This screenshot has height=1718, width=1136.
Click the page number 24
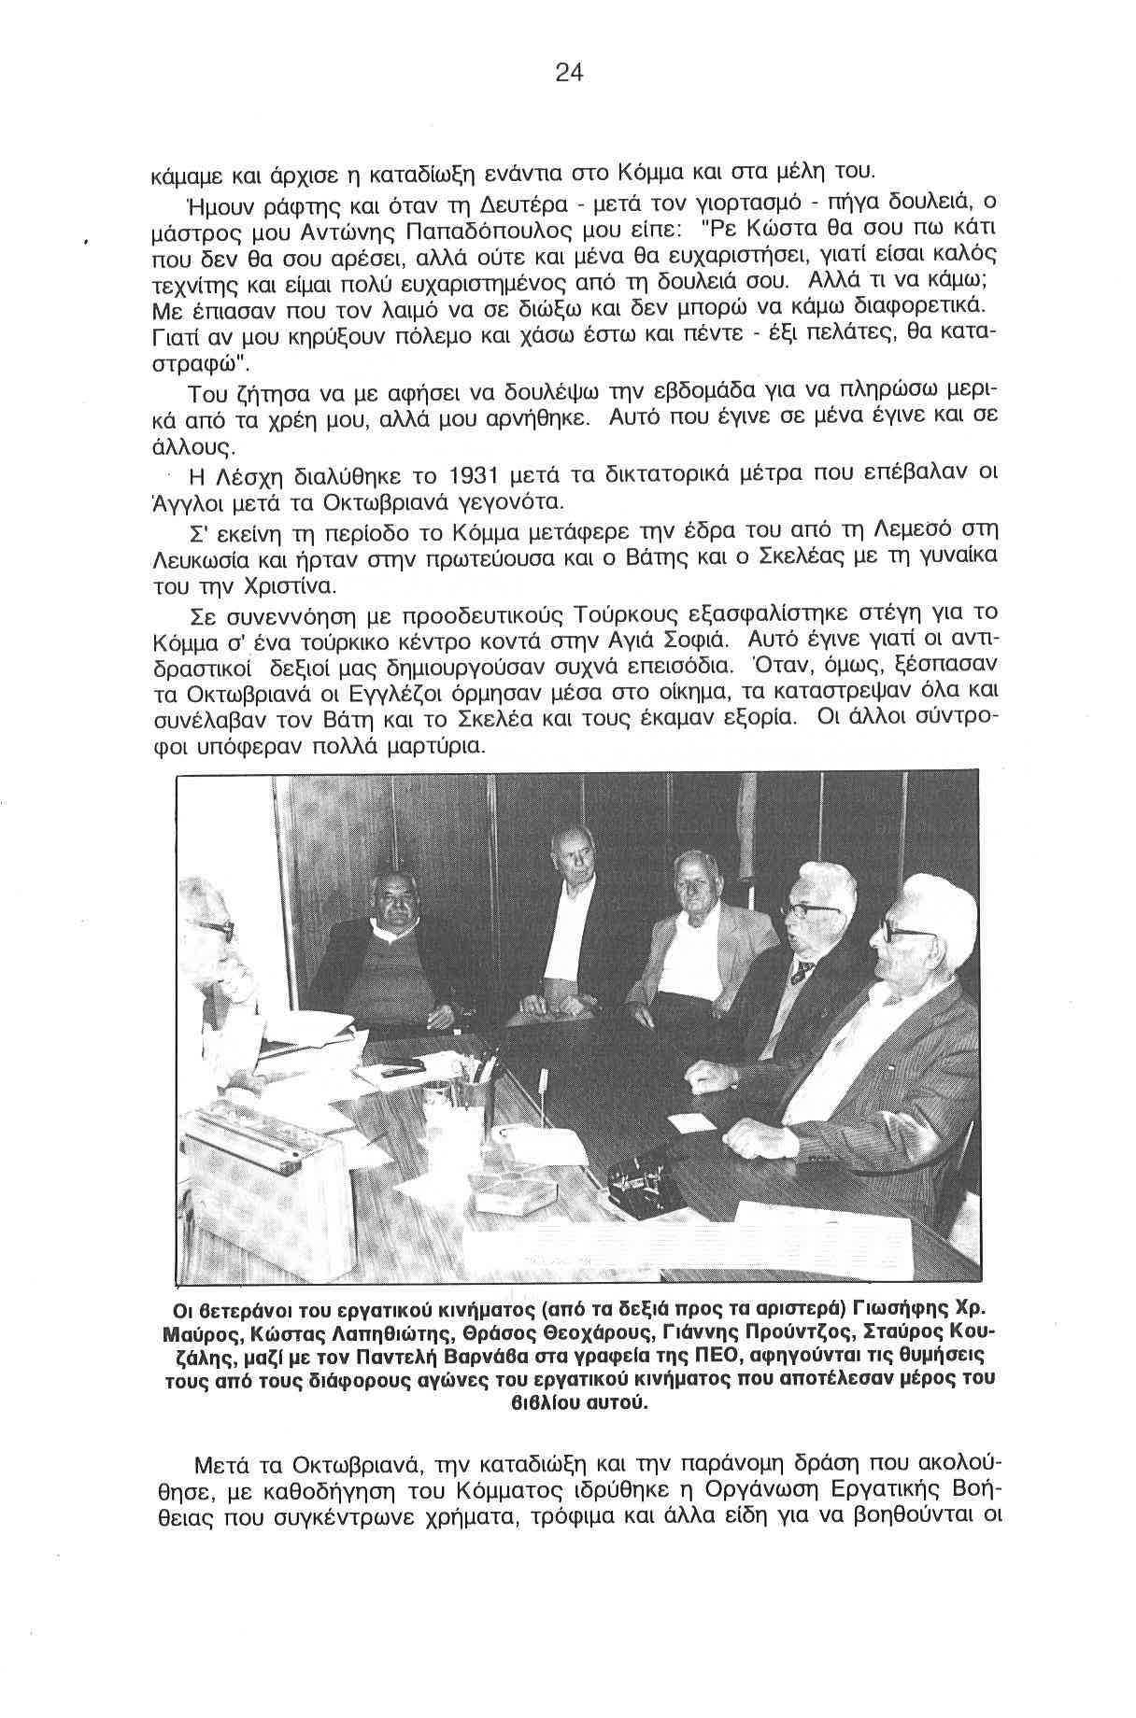pyautogui.click(x=568, y=72)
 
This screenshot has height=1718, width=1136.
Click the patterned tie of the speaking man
pyautogui.click(x=801, y=972)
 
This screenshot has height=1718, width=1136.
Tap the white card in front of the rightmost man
pyautogui.click(x=691, y=1124)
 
